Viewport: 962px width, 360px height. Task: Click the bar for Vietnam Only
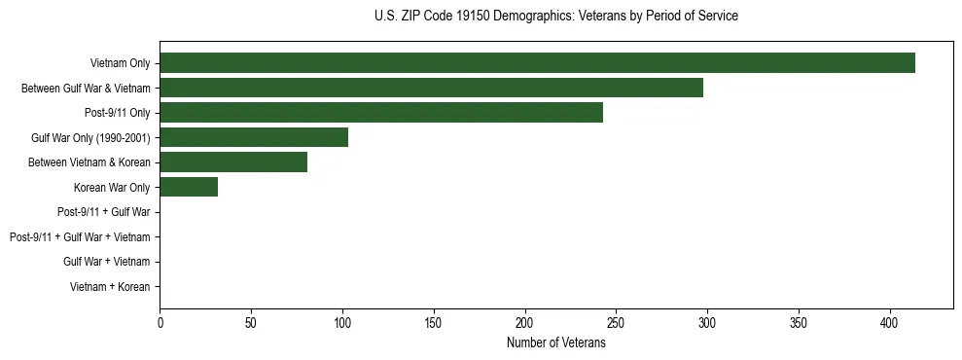click(x=537, y=63)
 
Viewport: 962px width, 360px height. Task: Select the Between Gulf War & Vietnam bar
click(x=431, y=89)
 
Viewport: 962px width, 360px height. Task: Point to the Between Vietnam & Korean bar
click(x=233, y=162)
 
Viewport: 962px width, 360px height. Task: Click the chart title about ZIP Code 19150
click(x=555, y=17)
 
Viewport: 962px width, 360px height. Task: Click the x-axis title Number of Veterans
click(x=555, y=343)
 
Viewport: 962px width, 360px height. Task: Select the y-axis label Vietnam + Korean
click(x=110, y=287)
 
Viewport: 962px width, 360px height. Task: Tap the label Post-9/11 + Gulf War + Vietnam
click(x=80, y=237)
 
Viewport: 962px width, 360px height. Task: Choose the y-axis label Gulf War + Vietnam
click(x=107, y=262)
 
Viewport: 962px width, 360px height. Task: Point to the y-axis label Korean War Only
click(x=112, y=188)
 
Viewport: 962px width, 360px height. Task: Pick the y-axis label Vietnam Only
click(x=120, y=63)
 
